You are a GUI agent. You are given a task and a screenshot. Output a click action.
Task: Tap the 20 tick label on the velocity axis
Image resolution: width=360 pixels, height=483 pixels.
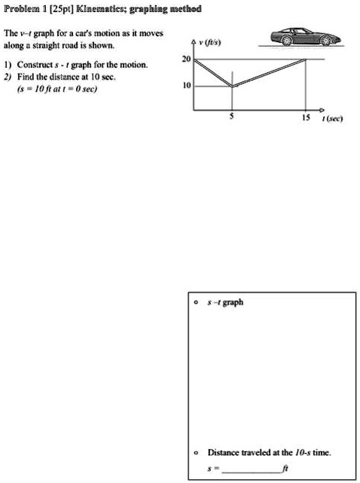coord(185,58)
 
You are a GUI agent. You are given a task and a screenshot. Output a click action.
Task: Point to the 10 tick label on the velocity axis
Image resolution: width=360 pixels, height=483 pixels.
coord(185,87)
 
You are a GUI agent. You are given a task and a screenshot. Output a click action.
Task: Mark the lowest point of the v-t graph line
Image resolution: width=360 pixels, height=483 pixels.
coord(233,87)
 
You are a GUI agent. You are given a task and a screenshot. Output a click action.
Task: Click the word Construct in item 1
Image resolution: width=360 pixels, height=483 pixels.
coord(42,65)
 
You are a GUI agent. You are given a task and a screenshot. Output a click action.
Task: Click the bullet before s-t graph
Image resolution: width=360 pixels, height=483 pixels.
coord(196,302)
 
